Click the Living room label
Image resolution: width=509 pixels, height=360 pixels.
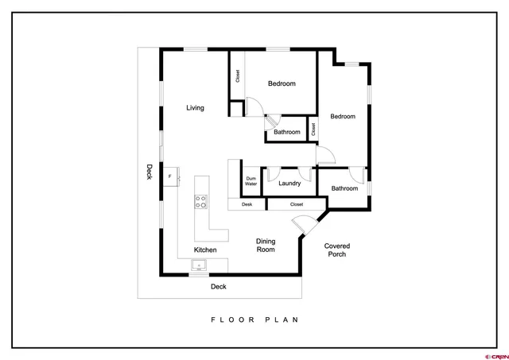195,108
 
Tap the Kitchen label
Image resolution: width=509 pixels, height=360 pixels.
204,250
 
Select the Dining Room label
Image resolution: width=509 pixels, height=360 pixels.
265,245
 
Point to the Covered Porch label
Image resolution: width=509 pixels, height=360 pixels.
337,250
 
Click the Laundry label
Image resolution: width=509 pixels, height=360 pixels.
289,184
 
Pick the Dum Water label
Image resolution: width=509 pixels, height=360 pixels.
251,182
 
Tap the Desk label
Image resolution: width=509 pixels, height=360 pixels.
247,204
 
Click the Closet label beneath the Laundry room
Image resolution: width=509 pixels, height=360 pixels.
297,204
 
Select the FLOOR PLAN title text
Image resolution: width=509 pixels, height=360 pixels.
254,320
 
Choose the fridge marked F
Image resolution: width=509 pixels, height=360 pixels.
169,176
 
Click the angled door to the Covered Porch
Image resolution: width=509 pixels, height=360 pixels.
305,225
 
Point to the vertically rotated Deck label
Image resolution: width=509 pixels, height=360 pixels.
149,172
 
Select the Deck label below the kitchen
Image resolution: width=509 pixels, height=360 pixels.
219,287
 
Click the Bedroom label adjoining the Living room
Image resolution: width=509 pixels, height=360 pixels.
282,83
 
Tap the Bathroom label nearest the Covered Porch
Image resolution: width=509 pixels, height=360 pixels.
344,188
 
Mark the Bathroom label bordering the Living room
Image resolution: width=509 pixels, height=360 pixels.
287,132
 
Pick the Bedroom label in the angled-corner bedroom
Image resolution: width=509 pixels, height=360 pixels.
344,117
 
